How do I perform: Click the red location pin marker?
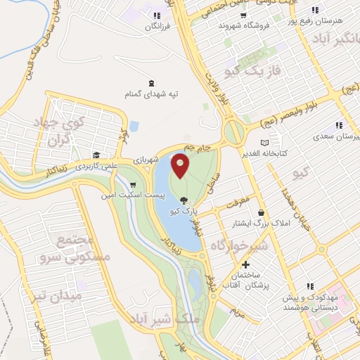pos(181,165)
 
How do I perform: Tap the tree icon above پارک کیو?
pos(185,200)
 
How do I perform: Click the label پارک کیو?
pos(185,210)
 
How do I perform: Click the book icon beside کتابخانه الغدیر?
pos(284,143)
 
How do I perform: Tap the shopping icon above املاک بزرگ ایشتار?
pos(262,213)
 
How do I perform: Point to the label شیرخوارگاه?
pos(238,246)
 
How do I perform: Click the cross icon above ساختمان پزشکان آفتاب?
pos(245,265)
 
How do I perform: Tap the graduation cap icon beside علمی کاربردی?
pos(96,155)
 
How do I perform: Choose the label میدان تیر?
pos(60,297)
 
